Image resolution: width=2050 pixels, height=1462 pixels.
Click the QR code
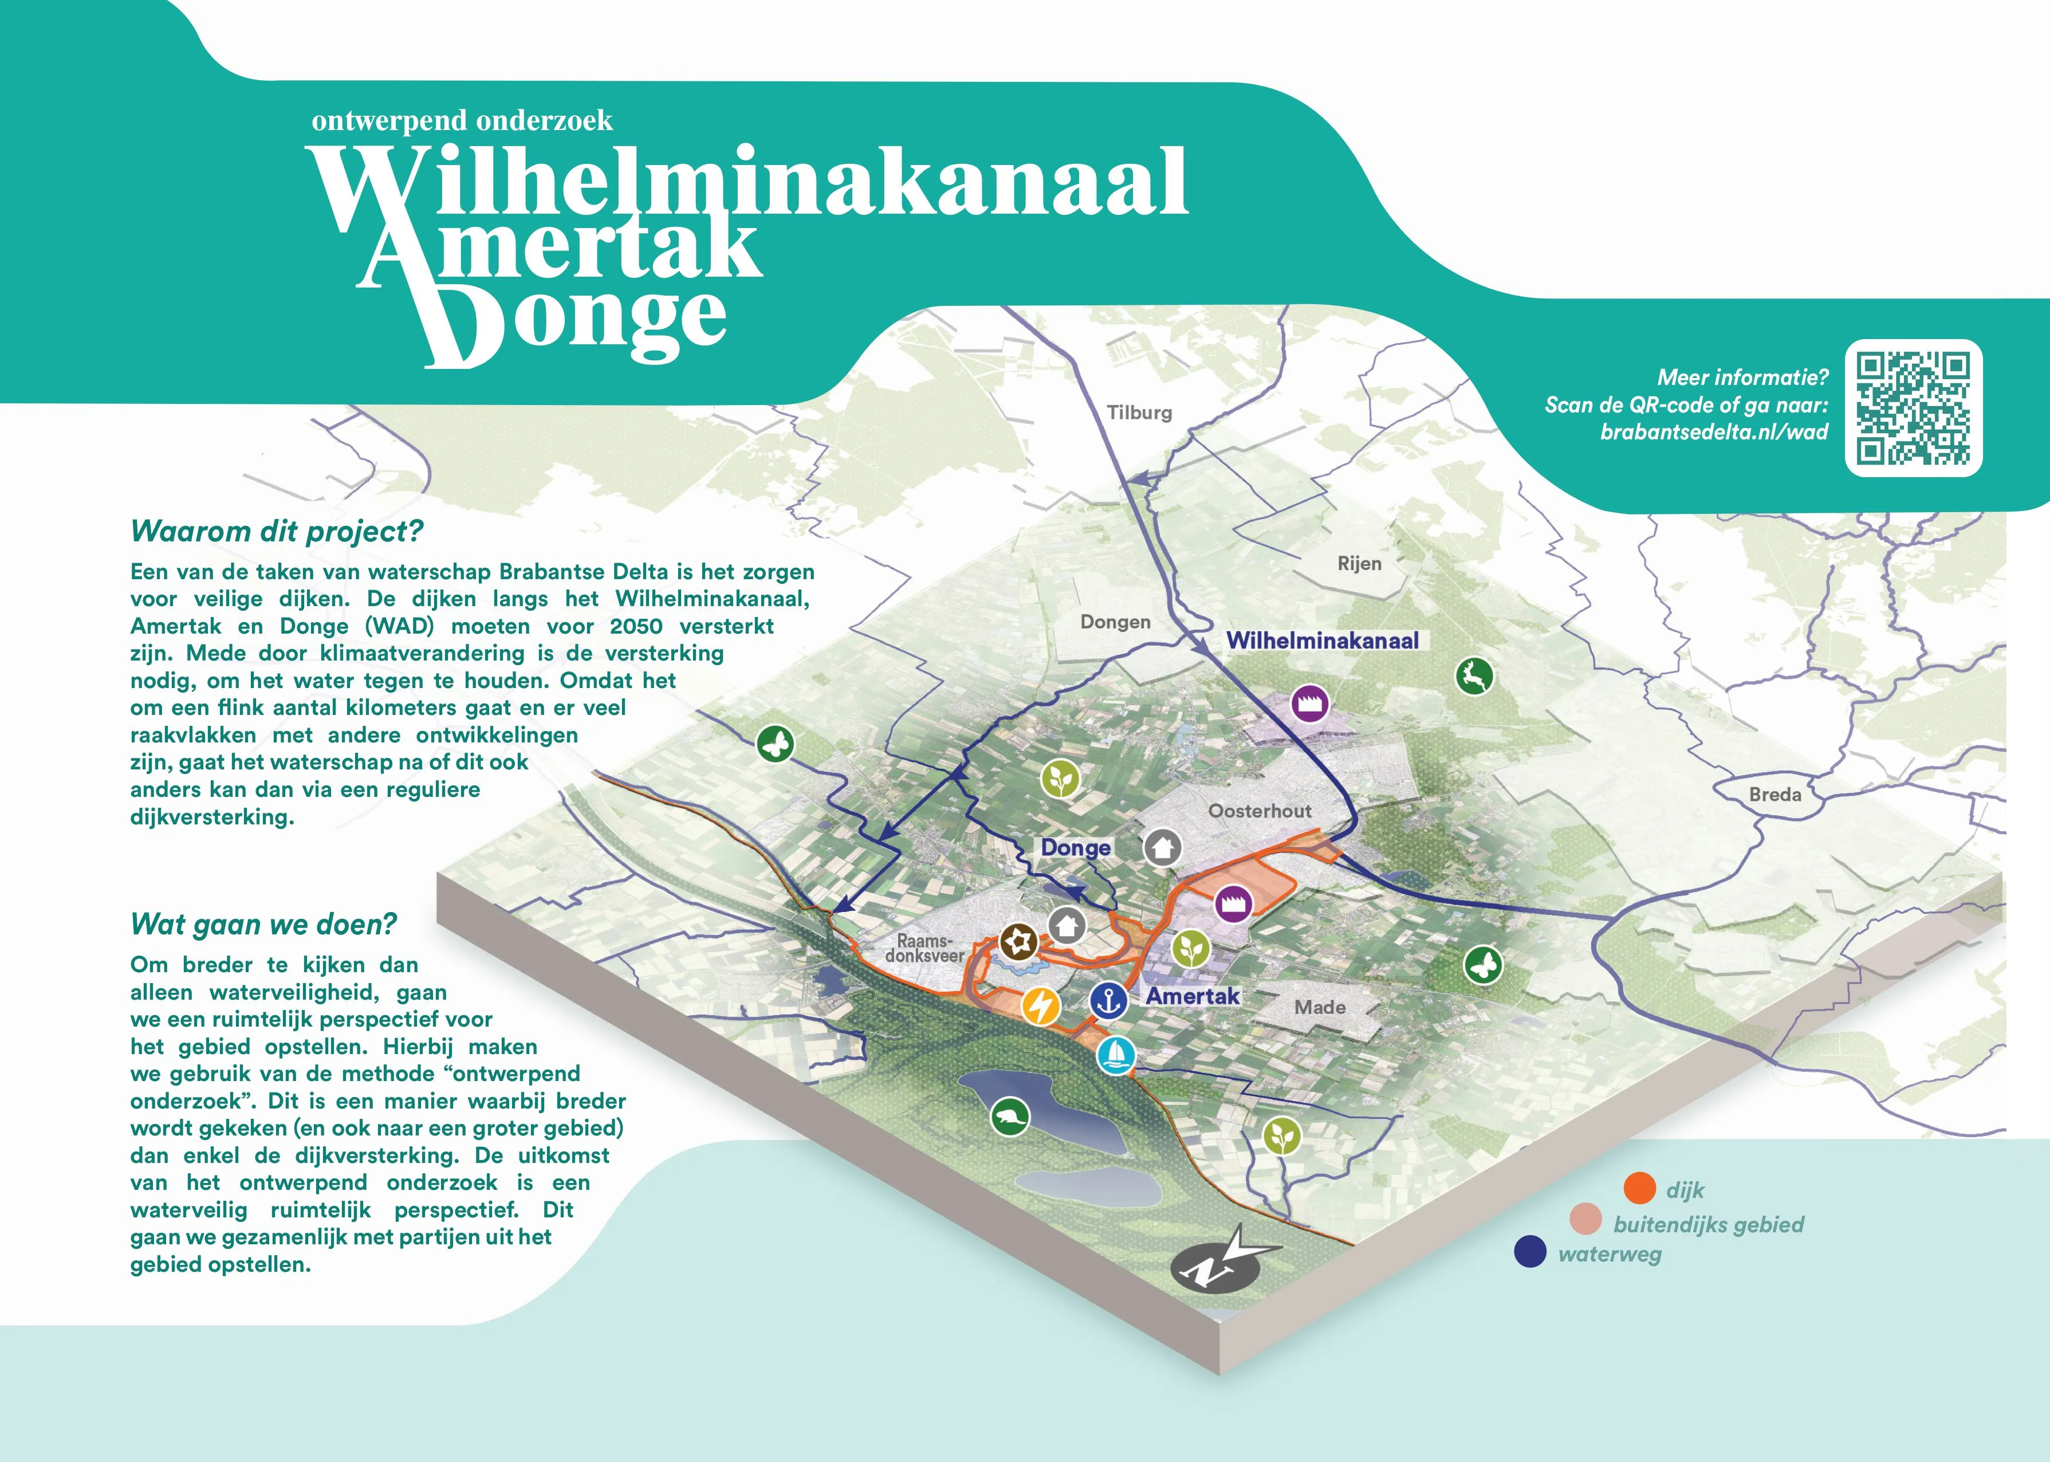point(1913,408)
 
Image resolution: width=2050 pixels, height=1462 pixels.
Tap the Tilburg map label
point(1139,412)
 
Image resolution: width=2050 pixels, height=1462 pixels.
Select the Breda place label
point(1774,794)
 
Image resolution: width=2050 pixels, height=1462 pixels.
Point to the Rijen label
point(1359,564)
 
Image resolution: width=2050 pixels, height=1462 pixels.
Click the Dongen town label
point(1115,622)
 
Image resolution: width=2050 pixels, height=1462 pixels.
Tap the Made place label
point(1319,1007)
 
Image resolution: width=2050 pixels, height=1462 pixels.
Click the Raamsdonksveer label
point(924,949)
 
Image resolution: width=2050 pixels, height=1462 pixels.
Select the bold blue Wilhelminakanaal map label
point(1322,641)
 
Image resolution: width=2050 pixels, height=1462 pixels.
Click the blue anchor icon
point(1109,1000)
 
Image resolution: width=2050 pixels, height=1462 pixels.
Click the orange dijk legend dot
point(1640,1188)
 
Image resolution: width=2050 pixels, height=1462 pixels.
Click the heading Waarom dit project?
point(276,531)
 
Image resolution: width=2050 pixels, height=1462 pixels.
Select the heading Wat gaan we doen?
point(263,925)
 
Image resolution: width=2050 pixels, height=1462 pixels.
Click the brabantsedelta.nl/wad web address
point(1713,432)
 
